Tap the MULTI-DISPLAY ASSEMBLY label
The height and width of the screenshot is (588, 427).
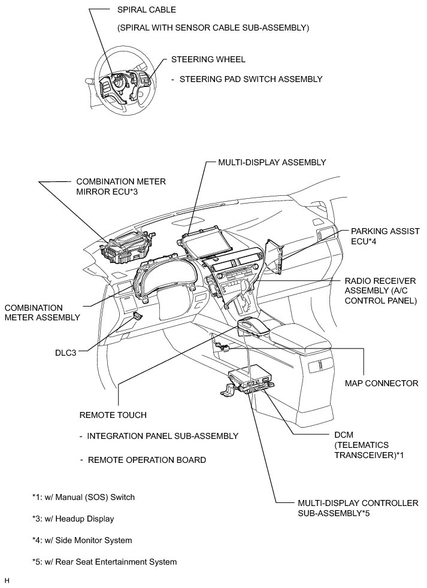pos(272,162)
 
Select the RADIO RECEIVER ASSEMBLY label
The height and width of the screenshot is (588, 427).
pos(380,290)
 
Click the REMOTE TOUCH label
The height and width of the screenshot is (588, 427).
pos(113,414)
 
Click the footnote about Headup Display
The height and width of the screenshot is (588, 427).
pos(74,519)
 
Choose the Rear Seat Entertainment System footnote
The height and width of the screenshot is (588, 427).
pos(105,562)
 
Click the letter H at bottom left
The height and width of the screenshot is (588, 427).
pos(7,580)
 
